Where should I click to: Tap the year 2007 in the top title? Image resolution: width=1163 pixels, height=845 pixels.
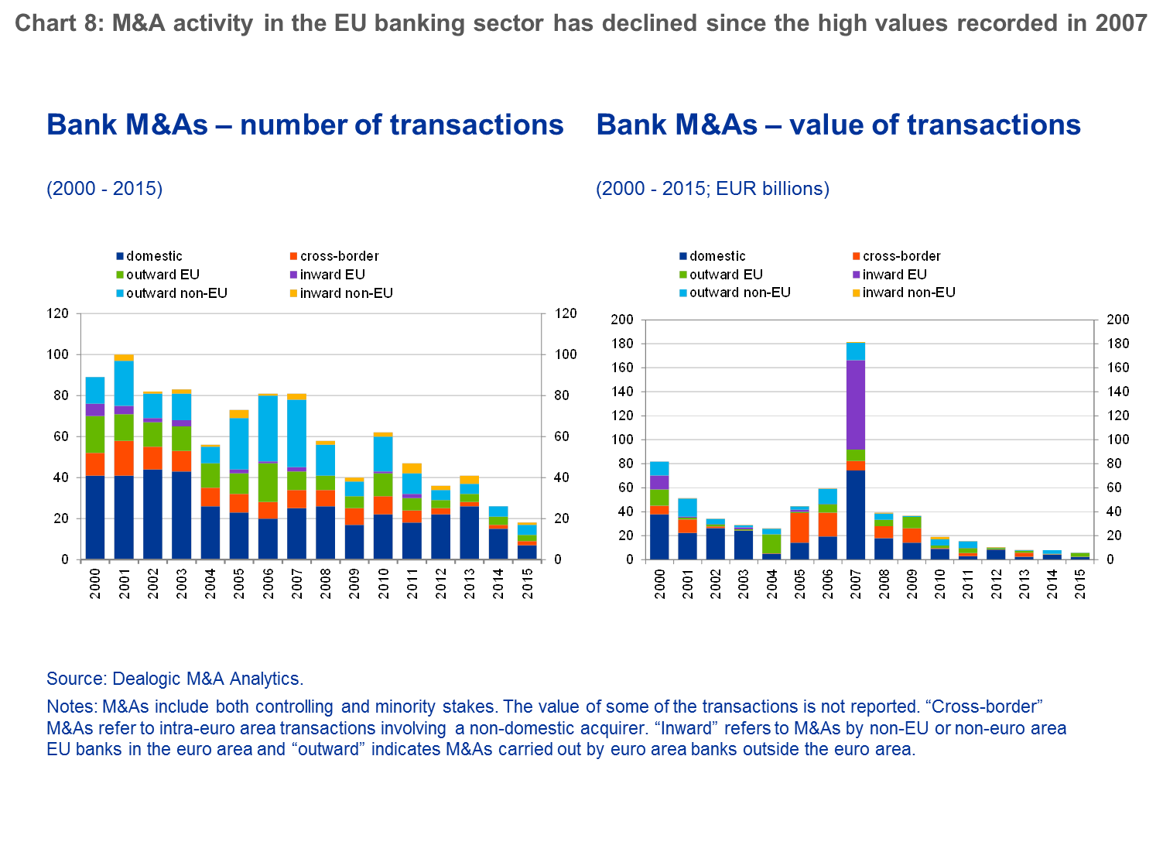pos(1120,23)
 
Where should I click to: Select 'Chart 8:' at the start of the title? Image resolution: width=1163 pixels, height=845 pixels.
pos(58,23)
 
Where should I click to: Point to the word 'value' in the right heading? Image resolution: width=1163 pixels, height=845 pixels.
pos(823,125)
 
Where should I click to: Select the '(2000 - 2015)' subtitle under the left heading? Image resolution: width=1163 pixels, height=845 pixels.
pos(104,189)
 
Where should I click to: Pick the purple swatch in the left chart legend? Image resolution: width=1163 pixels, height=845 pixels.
pos(293,275)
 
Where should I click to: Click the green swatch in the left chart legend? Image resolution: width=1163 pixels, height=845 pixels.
pos(120,275)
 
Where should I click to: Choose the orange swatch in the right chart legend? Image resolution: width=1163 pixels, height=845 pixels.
pos(857,256)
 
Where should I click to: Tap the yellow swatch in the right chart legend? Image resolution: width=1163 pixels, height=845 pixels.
pos(857,293)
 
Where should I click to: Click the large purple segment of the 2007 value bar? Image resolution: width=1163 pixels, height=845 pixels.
pos(855,404)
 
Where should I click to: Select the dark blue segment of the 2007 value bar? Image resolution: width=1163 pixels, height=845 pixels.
pos(855,515)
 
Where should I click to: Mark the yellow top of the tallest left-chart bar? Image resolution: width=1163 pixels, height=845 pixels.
pos(124,357)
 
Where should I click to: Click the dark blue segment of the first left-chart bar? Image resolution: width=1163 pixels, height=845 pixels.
pos(95,517)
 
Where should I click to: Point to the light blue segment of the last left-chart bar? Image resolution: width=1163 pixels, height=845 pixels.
pos(527,530)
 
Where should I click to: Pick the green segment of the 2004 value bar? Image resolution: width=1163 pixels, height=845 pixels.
pos(771,544)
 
